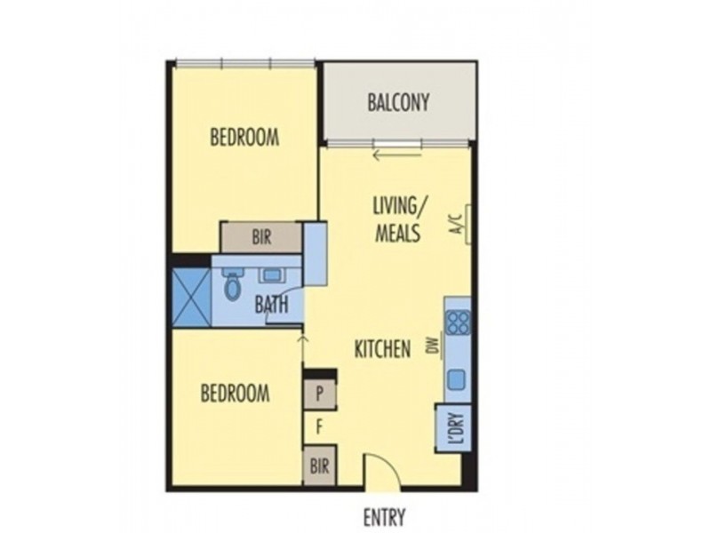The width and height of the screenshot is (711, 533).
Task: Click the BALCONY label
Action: point(398,102)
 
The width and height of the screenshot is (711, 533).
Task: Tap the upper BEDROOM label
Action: point(244,138)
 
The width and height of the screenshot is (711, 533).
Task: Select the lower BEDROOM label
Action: point(235,393)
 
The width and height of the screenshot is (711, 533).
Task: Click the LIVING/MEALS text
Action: point(396,219)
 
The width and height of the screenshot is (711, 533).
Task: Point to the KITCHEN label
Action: point(383,349)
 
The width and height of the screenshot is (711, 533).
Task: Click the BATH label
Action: point(271,305)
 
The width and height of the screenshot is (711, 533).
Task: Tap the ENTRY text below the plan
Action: point(384,517)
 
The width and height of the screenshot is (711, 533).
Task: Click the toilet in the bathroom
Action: point(233,285)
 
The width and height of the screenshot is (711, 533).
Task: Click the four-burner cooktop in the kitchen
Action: point(457,321)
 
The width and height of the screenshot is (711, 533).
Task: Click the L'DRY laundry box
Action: point(453,428)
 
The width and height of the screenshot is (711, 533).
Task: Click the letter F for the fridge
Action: point(319,426)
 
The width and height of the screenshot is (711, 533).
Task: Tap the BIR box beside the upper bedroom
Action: point(261,237)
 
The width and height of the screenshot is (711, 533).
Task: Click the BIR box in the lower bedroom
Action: point(319,466)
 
